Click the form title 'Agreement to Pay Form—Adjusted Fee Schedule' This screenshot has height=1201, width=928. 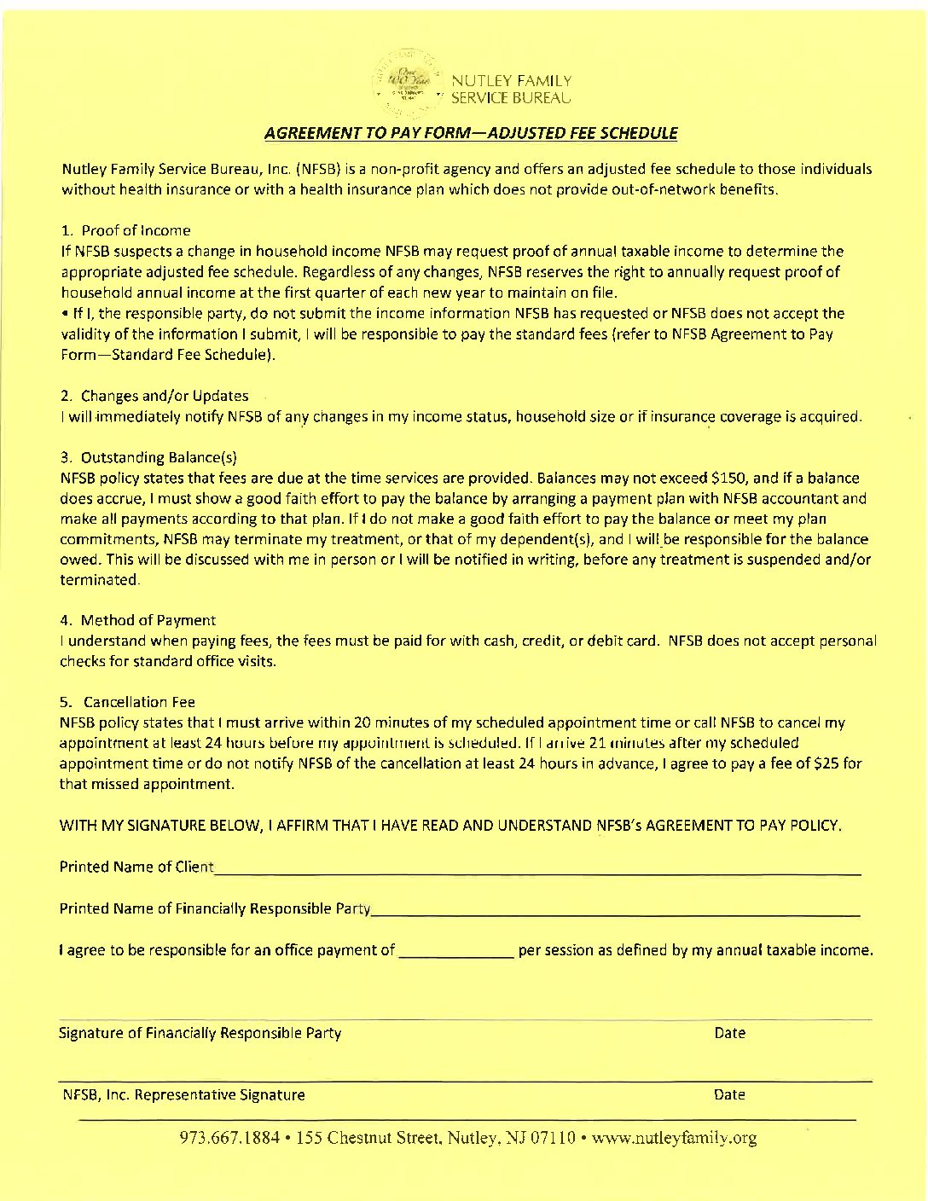tap(471, 133)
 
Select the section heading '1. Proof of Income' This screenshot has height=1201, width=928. tap(125, 230)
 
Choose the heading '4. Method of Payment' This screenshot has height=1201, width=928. tap(137, 620)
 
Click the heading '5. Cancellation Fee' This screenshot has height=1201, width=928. tap(127, 702)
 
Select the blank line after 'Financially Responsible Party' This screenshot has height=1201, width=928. tap(615, 912)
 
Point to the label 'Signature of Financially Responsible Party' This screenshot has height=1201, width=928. tap(200, 1033)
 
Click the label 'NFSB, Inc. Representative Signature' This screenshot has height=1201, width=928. tap(182, 1094)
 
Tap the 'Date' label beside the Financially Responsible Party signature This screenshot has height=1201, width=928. tap(729, 1033)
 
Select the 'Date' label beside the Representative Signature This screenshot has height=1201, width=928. tap(729, 1094)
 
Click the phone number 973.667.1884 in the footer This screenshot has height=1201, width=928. tap(229, 1138)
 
